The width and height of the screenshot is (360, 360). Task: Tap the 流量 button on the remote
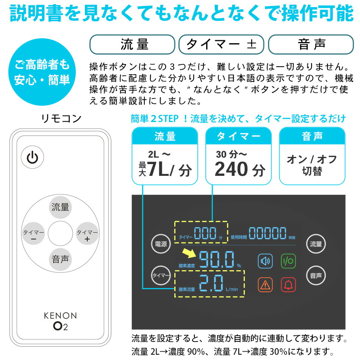60,207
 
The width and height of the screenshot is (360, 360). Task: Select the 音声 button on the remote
60,259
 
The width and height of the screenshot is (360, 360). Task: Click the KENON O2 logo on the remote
60,320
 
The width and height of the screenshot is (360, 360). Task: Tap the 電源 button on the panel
159,244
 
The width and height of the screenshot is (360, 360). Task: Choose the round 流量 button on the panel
316,244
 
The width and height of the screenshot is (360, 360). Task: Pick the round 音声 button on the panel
316,275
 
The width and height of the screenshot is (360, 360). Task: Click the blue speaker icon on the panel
265,261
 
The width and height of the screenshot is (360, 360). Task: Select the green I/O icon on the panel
288,261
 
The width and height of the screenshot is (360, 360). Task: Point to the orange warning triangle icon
265,285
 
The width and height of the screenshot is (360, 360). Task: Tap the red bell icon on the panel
288,285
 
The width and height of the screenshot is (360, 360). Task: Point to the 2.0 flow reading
211,284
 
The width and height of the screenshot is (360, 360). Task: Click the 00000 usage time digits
267,233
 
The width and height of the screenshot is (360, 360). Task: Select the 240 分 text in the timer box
239,169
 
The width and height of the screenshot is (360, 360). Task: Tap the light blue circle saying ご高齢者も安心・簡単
42,72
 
